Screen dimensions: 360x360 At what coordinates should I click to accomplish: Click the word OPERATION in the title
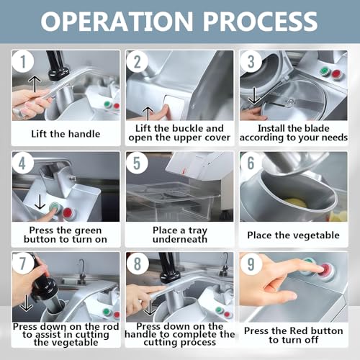tap(117, 21)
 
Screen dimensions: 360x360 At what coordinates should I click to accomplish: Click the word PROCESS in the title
tap(261, 21)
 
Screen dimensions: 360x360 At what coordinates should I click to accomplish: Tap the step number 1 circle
tap(23, 61)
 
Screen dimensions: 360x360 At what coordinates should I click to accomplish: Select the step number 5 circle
tap(137, 163)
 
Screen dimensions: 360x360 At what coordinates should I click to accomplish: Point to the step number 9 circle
tap(251, 264)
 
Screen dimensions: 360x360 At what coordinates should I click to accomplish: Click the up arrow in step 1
tap(35, 84)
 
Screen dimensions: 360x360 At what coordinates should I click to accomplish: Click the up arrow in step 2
tap(148, 114)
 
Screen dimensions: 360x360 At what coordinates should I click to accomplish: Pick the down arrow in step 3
tap(254, 96)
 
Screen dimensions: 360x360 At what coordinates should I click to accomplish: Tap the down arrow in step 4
tap(40, 201)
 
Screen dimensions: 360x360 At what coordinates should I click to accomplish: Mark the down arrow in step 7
tap(27, 303)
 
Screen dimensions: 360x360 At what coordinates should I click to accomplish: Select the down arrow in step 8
tap(150, 307)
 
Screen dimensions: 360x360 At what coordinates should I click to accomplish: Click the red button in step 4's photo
tap(68, 212)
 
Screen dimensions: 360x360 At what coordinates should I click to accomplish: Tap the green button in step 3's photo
tap(324, 71)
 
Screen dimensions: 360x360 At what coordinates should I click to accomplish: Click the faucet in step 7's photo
tap(81, 269)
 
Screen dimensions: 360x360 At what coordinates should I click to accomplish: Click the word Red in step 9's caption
tap(299, 330)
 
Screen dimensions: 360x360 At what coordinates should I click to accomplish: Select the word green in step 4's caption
tap(87, 230)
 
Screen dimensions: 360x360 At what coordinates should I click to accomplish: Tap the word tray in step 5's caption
tap(198, 231)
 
